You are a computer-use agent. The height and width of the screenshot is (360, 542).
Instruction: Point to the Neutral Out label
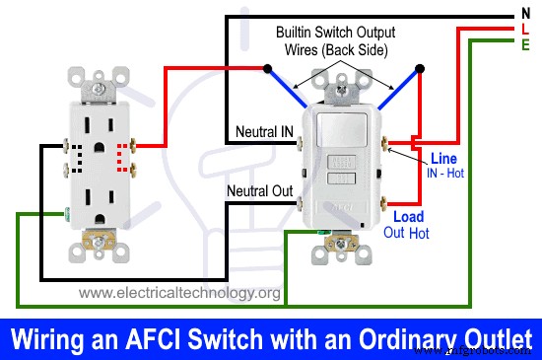tap(259, 189)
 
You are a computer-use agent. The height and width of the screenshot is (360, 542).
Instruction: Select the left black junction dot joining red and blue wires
tap(268, 69)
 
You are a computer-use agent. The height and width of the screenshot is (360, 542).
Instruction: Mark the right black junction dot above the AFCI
tap(420, 69)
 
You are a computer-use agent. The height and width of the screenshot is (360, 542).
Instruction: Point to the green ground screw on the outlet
tap(65, 211)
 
